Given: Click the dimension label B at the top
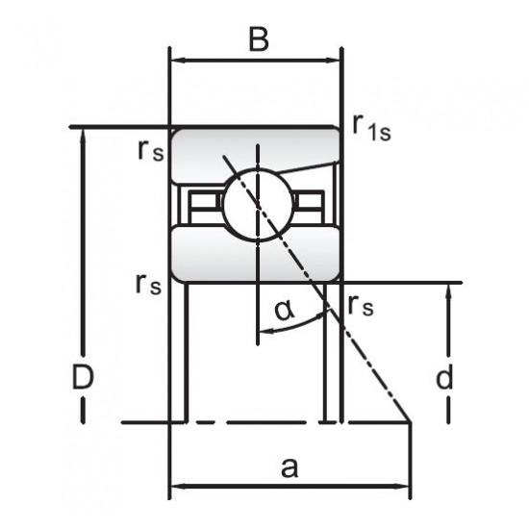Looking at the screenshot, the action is pyautogui.click(x=259, y=39).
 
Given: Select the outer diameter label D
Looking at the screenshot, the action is pyautogui.click(x=83, y=377).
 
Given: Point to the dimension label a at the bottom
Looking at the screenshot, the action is pyautogui.click(x=290, y=468).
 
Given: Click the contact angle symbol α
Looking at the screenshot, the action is pyautogui.click(x=284, y=311).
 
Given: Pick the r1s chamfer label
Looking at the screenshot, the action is pyautogui.click(x=371, y=128).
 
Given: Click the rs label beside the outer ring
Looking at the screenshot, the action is pyautogui.click(x=150, y=150).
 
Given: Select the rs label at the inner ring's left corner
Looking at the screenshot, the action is pyautogui.click(x=148, y=285).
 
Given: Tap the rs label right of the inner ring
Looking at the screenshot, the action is pyautogui.click(x=361, y=305).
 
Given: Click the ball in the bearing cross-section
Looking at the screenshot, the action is pyautogui.click(x=258, y=205).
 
